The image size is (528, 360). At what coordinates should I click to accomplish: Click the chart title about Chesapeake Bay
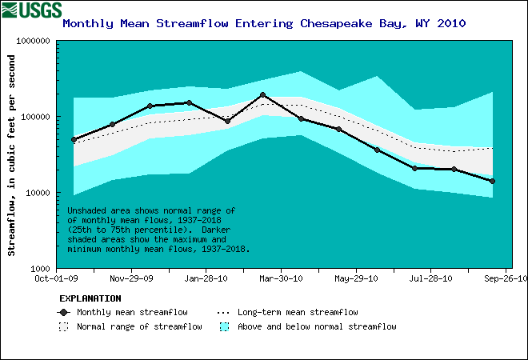264,23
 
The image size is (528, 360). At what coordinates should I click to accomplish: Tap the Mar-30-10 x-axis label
282,279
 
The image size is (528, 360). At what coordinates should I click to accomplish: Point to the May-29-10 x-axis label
356,279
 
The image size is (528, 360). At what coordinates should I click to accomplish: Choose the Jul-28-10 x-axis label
430,279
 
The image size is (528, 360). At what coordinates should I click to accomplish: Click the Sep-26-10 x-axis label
505,279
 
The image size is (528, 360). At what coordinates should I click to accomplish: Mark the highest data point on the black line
262,95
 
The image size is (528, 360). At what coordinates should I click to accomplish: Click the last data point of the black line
492,182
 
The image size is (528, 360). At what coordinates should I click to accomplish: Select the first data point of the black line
74,139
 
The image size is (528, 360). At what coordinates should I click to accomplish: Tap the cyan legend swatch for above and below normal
225,326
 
